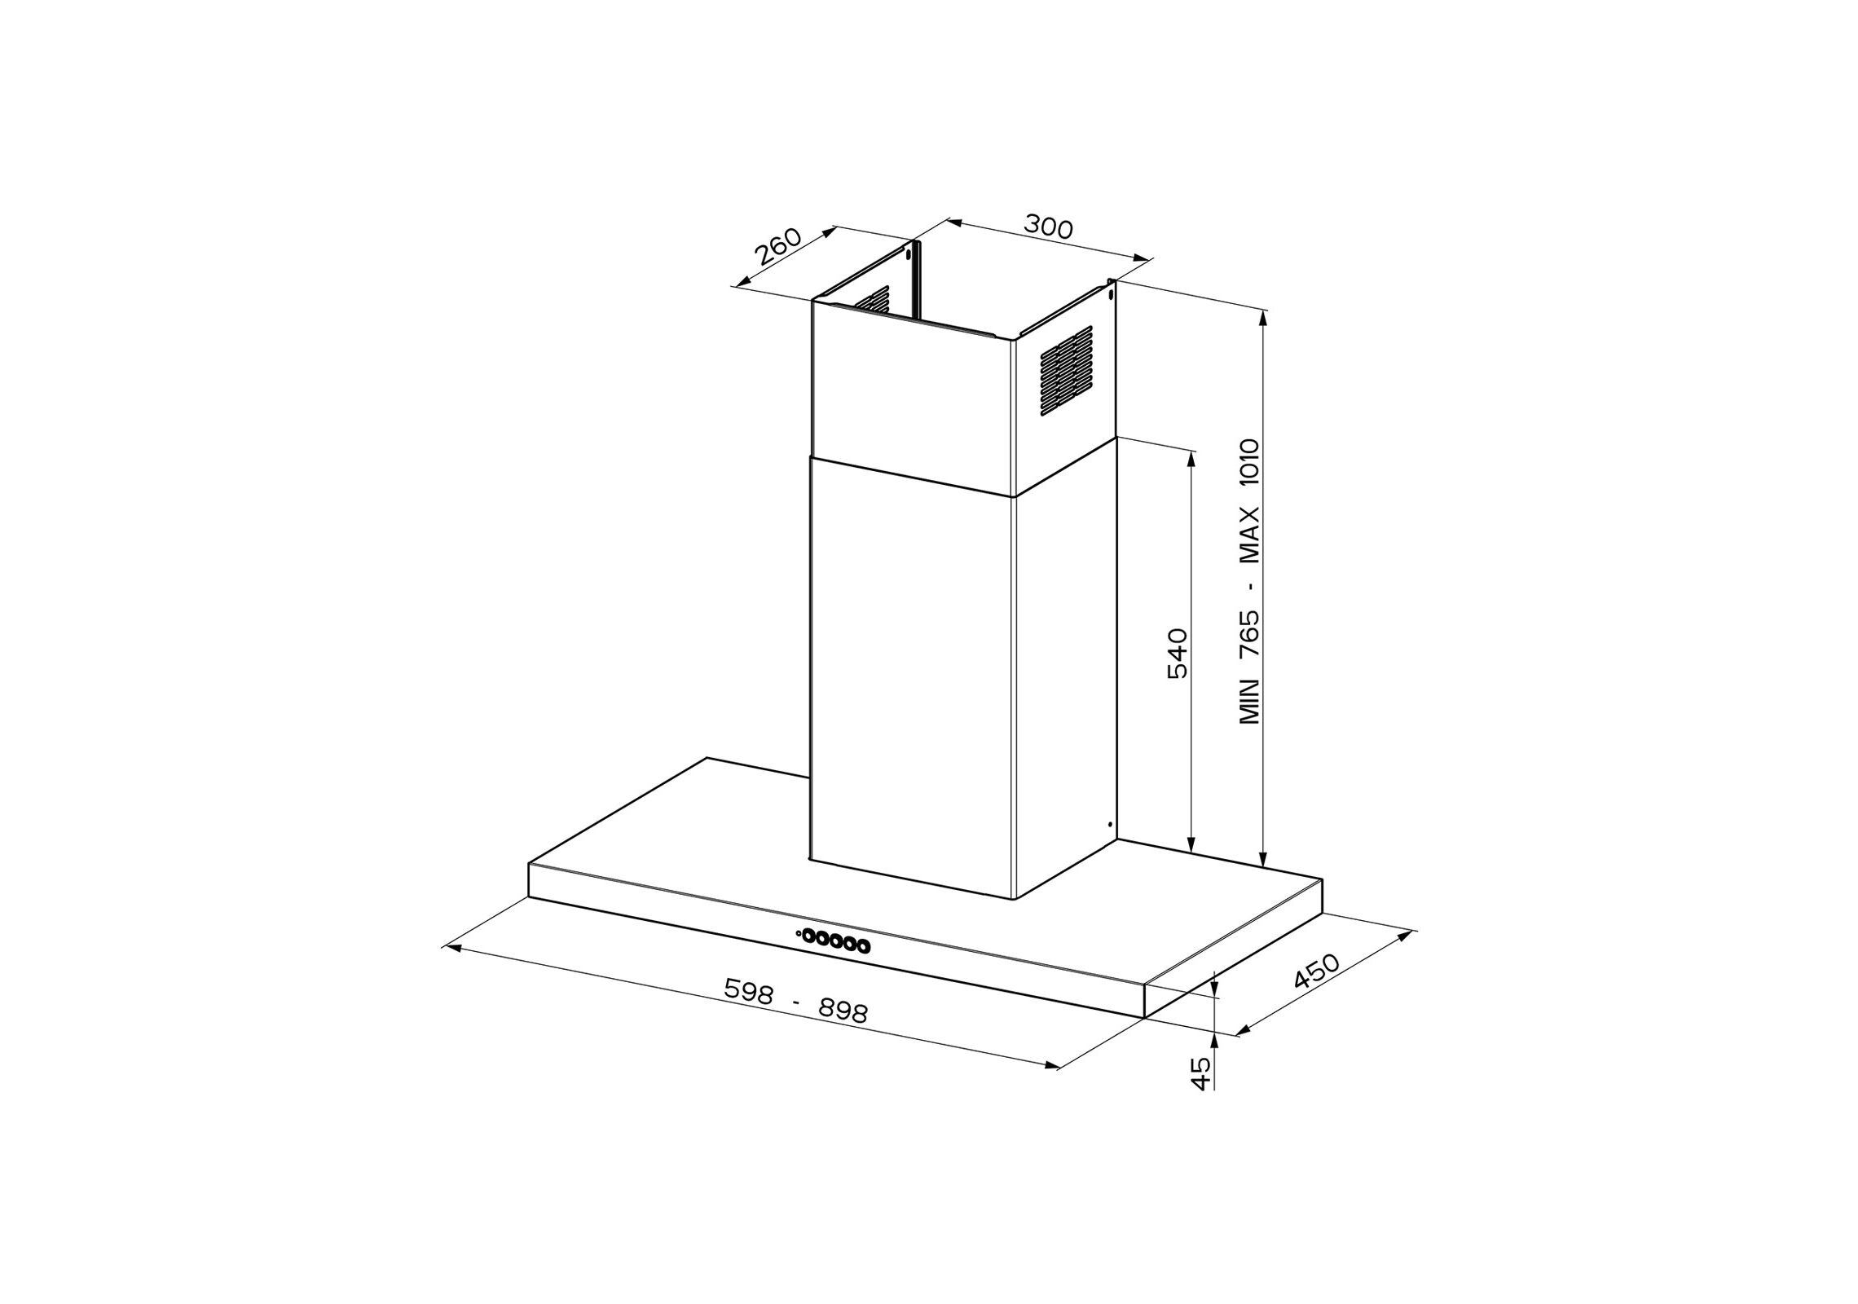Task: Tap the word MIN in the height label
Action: click(1249, 702)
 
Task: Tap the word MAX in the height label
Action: click(1249, 535)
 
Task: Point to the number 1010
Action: click(1249, 465)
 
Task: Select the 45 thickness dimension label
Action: click(1201, 1074)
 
